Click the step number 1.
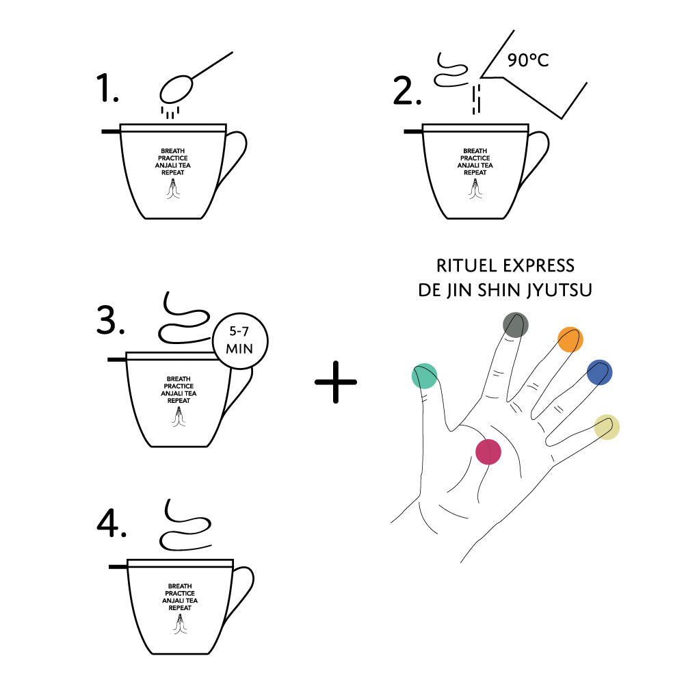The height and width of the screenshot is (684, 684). [x=107, y=88]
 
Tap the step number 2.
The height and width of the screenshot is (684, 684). [x=407, y=91]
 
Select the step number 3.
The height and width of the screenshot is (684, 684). [x=110, y=320]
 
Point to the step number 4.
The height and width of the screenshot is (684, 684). [x=111, y=523]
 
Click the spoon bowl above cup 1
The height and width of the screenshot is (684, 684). [x=176, y=90]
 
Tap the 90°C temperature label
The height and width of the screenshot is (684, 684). [x=528, y=60]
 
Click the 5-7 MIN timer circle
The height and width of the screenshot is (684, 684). [x=240, y=341]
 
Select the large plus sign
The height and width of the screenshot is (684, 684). [x=335, y=382]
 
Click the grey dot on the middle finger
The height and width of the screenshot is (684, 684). [x=516, y=325]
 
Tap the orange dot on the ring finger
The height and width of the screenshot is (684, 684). [x=570, y=339]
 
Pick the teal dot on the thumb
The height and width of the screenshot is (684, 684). [x=425, y=376]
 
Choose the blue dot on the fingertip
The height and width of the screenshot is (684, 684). [x=599, y=373]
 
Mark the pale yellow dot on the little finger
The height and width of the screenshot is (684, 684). [x=607, y=427]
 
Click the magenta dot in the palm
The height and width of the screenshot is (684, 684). [x=488, y=451]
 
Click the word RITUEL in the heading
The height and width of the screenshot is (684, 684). [x=466, y=265]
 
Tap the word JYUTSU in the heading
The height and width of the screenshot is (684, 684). [x=560, y=290]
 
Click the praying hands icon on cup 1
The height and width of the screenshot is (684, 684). [x=173, y=189]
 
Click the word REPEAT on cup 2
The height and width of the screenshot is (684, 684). [x=475, y=173]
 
